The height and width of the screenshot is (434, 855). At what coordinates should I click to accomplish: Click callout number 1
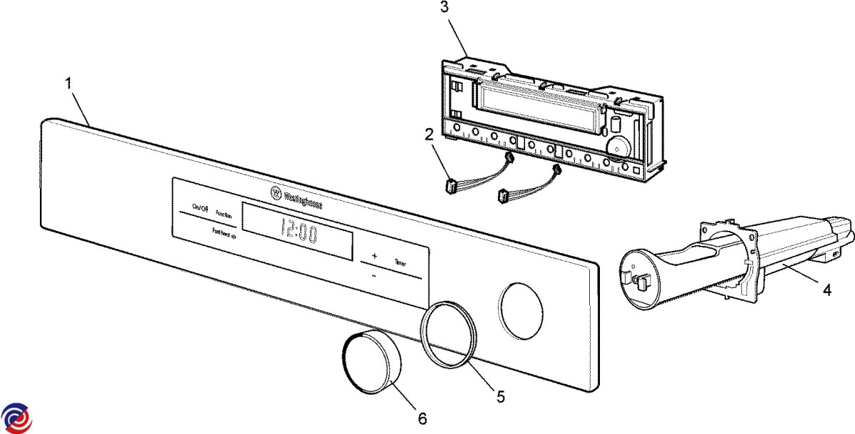[x=68, y=83]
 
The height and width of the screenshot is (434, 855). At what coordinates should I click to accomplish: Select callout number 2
[x=430, y=135]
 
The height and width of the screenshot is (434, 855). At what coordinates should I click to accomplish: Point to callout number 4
[x=826, y=290]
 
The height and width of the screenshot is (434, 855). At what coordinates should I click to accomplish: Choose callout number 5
[x=501, y=396]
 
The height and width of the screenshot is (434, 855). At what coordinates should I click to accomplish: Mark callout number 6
[x=422, y=418]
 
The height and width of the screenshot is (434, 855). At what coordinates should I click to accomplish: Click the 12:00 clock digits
[x=298, y=229]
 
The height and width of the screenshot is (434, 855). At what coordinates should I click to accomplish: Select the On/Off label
[x=199, y=208]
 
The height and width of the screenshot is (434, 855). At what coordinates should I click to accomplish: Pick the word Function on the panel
[x=224, y=214]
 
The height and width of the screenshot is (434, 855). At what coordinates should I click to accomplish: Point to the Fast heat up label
[x=225, y=232]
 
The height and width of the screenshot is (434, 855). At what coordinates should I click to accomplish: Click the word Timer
[x=400, y=262]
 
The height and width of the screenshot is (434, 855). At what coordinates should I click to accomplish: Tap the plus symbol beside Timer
[x=374, y=255]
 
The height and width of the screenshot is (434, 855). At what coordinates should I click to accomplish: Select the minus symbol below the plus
[x=373, y=275]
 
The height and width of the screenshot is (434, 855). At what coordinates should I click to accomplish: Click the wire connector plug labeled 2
[x=450, y=187]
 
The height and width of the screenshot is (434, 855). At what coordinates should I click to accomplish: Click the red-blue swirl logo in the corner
[x=16, y=417]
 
